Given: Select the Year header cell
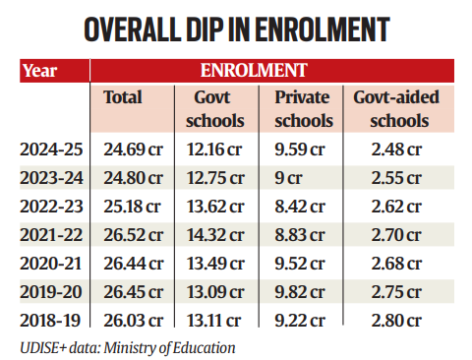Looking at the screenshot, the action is [54, 71].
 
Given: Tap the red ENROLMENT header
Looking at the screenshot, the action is [272, 71].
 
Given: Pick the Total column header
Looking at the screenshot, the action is [123, 97].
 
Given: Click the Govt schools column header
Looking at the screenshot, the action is [215, 109].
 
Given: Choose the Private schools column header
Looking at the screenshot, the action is [304, 109].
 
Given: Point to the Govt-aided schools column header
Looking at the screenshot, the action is [396, 109].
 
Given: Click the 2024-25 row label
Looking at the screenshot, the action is [51, 150].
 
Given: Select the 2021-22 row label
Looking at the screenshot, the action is [51, 235].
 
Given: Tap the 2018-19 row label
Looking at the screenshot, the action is [50, 321].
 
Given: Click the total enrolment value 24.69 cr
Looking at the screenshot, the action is [133, 150].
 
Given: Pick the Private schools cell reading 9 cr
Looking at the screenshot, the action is [288, 178].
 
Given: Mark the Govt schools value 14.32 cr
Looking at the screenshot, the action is [215, 235].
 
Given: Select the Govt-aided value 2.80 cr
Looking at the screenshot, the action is [396, 321].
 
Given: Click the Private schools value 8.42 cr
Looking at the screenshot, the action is [300, 207].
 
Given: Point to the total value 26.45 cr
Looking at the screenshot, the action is [133, 292].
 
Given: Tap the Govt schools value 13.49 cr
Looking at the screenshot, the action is [215, 264].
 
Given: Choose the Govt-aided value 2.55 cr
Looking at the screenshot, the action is [396, 178].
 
